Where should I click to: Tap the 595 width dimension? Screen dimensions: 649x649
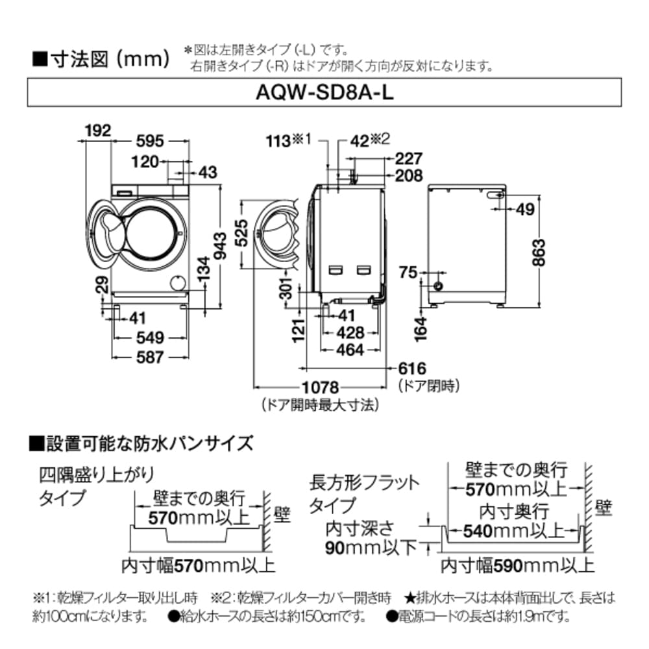[x=151, y=142]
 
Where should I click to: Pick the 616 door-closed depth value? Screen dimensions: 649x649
[x=413, y=369]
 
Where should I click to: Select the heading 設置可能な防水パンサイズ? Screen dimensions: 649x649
[x=149, y=444]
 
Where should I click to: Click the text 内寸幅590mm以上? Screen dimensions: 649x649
[x=517, y=566]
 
